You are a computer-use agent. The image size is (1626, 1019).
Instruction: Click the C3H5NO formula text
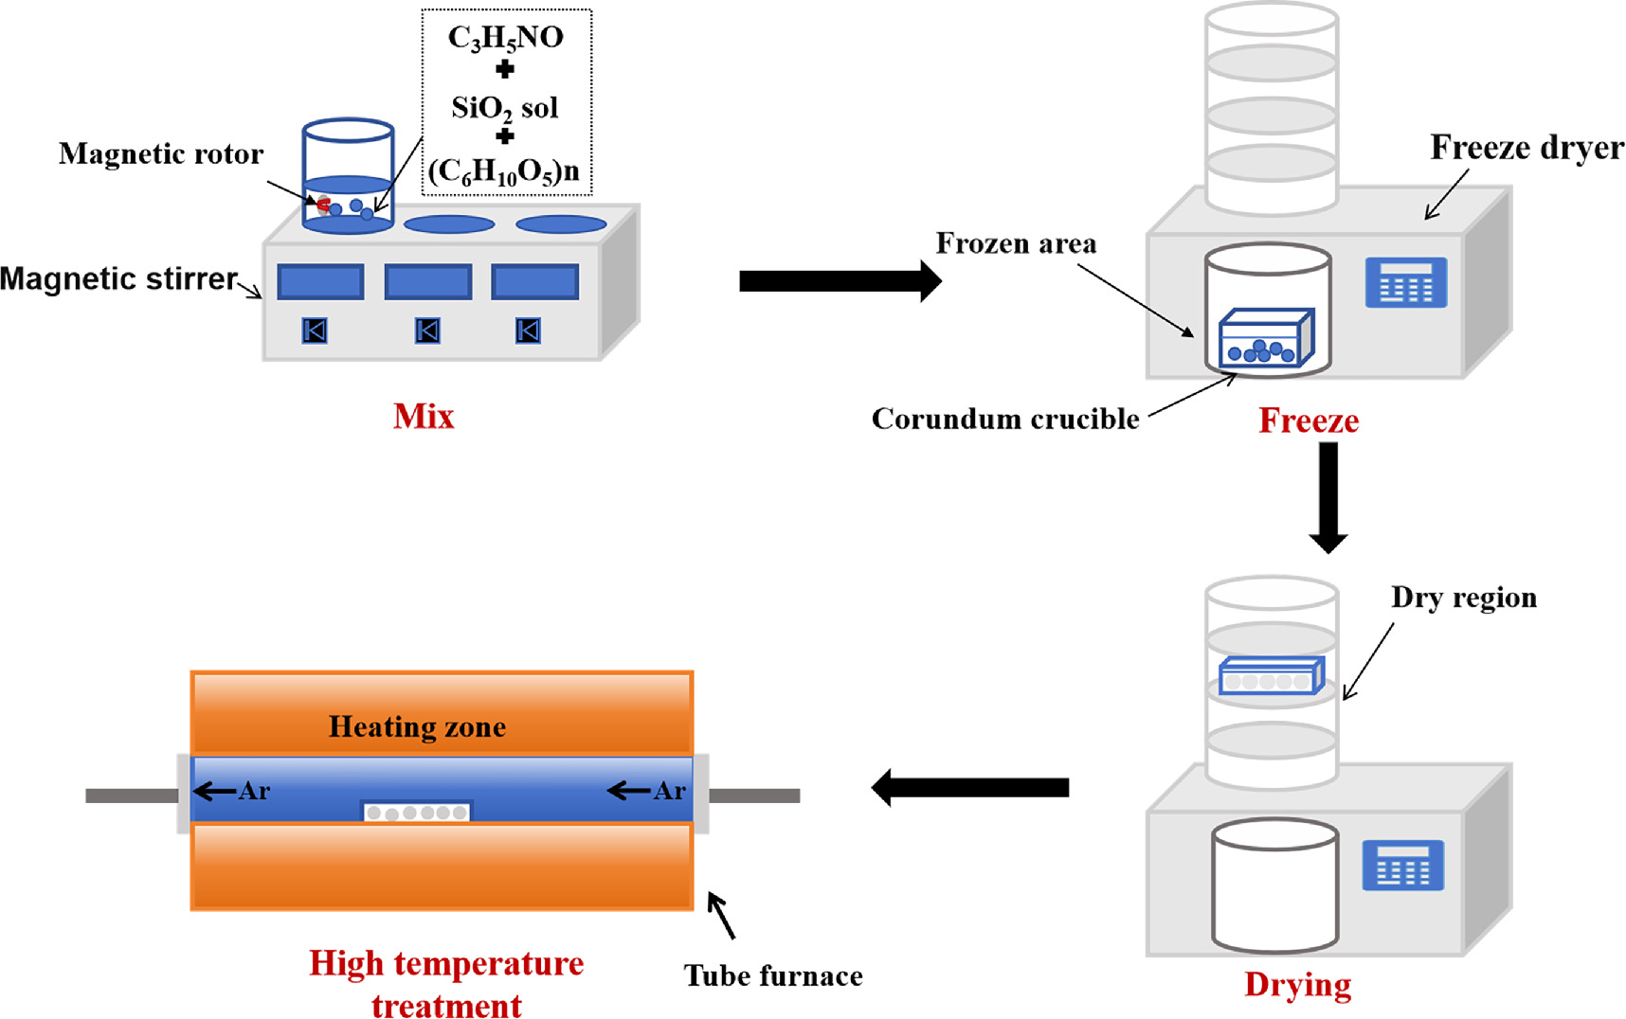505,38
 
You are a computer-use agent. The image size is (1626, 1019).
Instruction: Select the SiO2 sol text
504,108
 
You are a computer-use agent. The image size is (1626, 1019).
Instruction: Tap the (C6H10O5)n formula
504,171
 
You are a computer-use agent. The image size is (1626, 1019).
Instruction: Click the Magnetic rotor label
161,153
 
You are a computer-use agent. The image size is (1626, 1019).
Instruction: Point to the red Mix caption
424,417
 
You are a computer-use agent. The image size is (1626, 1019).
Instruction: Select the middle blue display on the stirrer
428,282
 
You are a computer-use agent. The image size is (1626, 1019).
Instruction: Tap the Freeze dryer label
1526,148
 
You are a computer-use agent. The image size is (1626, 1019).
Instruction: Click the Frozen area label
1016,243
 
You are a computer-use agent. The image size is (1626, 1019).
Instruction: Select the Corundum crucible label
1004,419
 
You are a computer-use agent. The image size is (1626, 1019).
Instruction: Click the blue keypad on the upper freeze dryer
1405,282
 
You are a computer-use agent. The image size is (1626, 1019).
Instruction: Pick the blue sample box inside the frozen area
1265,339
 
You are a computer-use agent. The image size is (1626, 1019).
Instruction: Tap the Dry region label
1463,598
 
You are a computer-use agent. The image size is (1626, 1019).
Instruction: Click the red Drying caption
1297,985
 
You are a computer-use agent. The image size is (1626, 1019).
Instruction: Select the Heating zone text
417,726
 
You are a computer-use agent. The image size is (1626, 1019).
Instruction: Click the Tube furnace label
773,976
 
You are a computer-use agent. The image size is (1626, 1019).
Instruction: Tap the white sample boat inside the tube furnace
417,813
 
